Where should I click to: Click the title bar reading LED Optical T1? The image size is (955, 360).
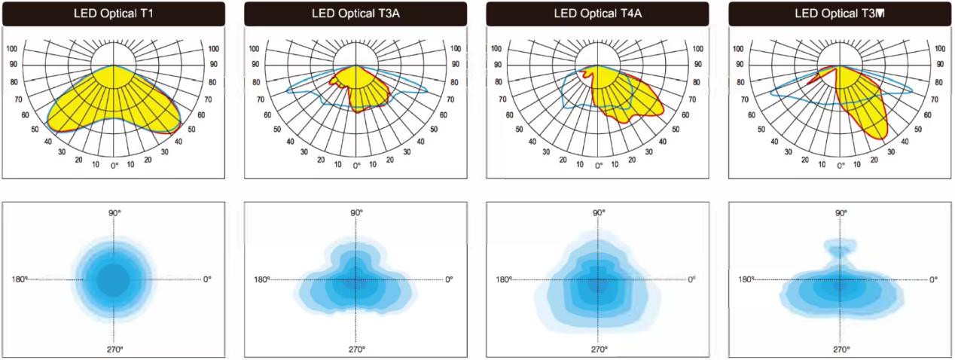pyautogui.click(x=114, y=14)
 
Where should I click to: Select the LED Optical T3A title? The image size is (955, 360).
pyautogui.click(x=355, y=14)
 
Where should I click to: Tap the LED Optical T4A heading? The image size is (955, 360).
pyautogui.click(x=598, y=14)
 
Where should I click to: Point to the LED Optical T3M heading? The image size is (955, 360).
pyautogui.click(x=840, y=14)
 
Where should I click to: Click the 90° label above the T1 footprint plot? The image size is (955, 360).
pyautogui.click(x=114, y=213)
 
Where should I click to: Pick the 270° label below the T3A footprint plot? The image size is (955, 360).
pyautogui.click(x=356, y=349)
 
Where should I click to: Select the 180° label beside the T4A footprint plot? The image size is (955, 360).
pyautogui.click(x=504, y=279)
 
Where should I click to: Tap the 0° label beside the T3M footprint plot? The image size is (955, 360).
pyautogui.click(x=933, y=279)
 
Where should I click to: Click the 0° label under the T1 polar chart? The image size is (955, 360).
pyautogui.click(x=114, y=165)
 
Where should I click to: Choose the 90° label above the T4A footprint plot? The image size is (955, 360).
pyautogui.click(x=599, y=213)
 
